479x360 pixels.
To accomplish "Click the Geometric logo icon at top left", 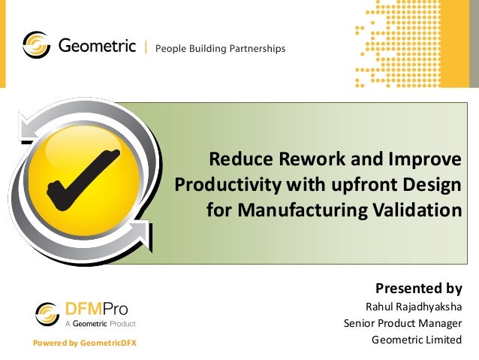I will pyautogui.click(x=37, y=46).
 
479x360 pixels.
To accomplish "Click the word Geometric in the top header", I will pyautogui.click(x=97, y=47).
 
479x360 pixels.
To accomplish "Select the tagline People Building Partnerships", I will pyautogui.click(x=220, y=49).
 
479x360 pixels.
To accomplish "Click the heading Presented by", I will pyautogui.click(x=418, y=289).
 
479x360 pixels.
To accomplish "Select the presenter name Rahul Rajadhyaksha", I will pyautogui.click(x=413, y=307).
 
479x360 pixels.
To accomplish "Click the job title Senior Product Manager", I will pyautogui.click(x=402, y=324).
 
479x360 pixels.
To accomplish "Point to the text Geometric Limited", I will pyautogui.click(x=417, y=340).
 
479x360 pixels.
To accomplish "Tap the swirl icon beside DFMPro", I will pyautogui.click(x=47, y=313).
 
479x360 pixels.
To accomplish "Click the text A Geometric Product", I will pyautogui.click(x=98, y=324).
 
